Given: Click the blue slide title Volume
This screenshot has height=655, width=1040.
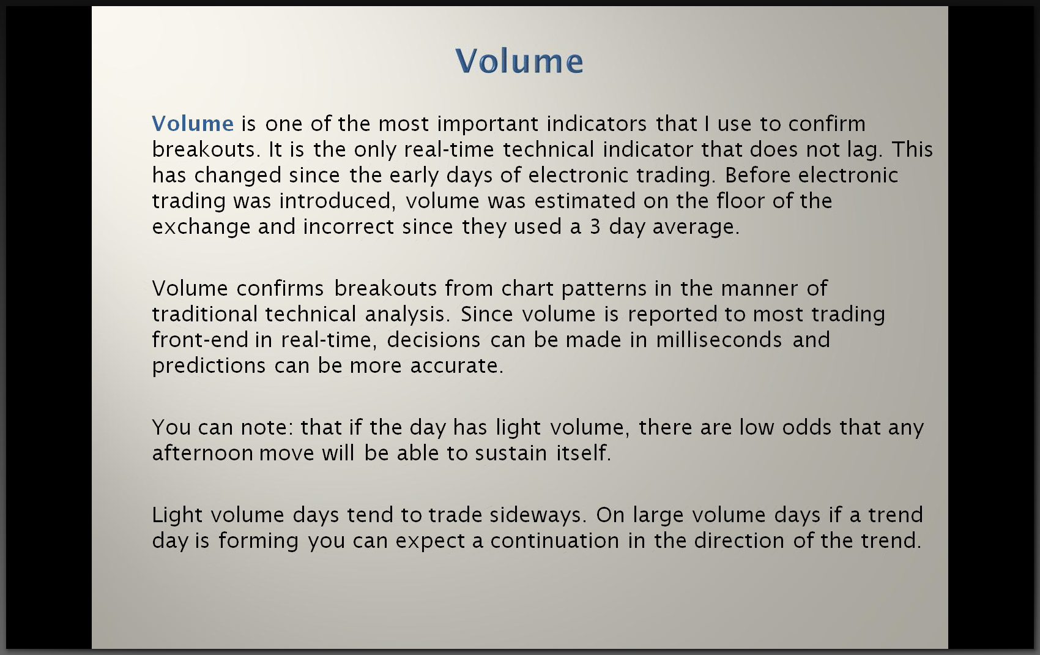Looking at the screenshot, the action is coord(519,61).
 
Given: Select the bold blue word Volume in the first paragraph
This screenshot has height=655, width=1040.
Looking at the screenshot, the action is coord(193,124).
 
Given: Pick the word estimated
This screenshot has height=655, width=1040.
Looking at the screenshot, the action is coord(584,201).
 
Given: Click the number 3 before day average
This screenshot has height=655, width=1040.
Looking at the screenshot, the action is coord(595,227).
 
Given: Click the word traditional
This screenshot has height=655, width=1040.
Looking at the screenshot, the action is coord(204,314).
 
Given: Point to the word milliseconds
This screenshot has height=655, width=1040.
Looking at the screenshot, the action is coord(719,340).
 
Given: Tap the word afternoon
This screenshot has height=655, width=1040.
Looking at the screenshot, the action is coord(202,453).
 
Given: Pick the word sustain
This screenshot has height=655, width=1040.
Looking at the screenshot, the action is coord(511,454).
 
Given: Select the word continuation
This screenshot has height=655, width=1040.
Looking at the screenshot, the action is coord(555,541).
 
